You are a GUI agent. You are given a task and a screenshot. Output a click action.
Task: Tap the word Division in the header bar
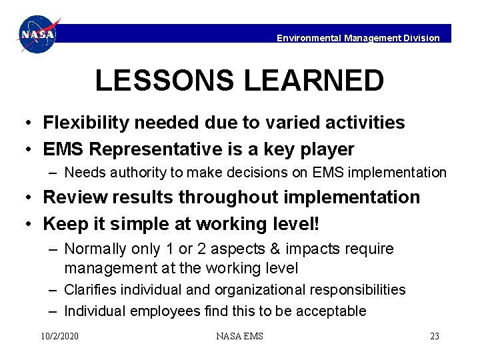421,38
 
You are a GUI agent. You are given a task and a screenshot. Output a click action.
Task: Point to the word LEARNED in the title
313,81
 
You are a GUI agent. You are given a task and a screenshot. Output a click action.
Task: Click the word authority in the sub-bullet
139,173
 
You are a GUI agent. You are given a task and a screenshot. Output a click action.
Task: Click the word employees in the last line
164,311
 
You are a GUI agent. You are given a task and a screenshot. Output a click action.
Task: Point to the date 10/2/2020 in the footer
59,336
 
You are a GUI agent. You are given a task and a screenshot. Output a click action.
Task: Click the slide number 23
434,336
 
